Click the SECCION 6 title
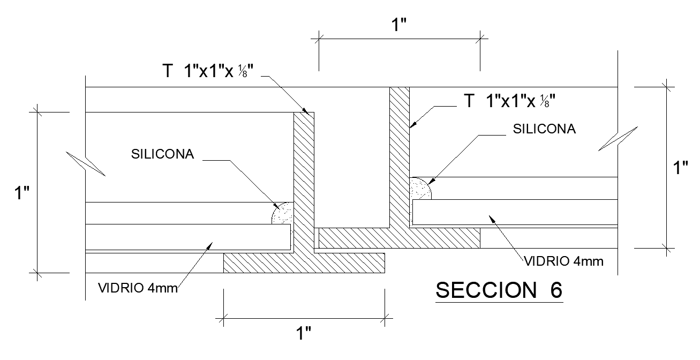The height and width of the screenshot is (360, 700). tap(499, 290)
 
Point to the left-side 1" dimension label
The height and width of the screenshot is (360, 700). tap(21, 192)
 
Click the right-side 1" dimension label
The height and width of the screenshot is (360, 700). tap(680, 168)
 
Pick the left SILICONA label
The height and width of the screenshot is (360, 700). tap(163, 154)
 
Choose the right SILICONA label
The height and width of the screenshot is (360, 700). tap(544, 129)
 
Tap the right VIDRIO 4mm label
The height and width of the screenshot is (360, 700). tap(563, 261)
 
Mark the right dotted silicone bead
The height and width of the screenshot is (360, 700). tap(420, 189)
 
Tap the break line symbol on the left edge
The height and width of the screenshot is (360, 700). tap(86, 164)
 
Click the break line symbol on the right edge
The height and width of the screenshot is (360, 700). tap(618, 138)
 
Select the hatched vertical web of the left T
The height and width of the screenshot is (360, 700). tap(304, 182)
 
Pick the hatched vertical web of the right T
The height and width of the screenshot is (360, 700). tap(399, 155)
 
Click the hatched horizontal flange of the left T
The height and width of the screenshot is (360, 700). tap(304, 262)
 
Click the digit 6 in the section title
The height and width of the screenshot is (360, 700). tap(555, 290)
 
